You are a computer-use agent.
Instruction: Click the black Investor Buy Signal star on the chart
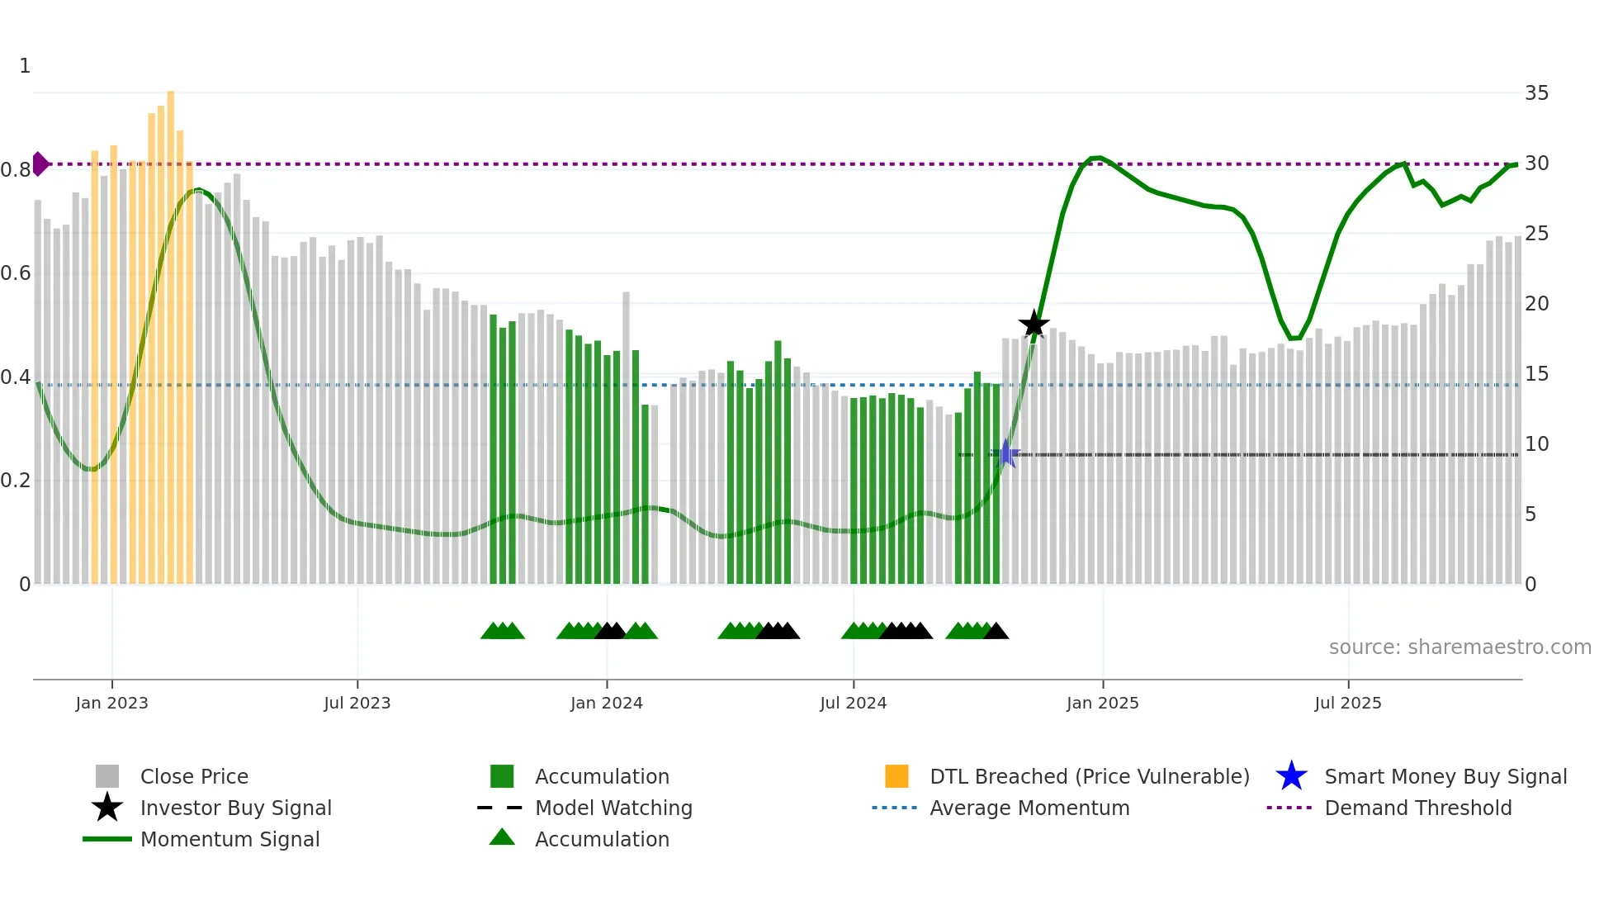1034,324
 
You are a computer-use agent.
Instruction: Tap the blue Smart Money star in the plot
1006,453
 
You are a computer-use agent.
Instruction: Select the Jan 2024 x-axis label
606,703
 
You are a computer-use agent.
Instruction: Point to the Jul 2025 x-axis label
1347,703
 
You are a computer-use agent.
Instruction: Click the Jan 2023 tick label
111,703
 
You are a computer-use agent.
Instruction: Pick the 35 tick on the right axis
1536,93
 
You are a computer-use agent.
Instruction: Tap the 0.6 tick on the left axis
17,273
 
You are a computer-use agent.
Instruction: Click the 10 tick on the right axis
1536,444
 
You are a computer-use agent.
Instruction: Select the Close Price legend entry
194,776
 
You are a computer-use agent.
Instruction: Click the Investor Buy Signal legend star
107,808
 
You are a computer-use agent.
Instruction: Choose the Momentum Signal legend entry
229,839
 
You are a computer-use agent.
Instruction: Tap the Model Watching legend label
613,808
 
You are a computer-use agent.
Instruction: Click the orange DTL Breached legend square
897,776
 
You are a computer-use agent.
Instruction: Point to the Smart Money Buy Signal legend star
1291,776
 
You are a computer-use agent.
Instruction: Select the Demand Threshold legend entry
1417,808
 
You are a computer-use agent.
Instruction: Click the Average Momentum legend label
1029,808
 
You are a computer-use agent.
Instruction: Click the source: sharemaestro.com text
1460,647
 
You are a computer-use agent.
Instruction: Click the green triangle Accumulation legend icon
502,837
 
